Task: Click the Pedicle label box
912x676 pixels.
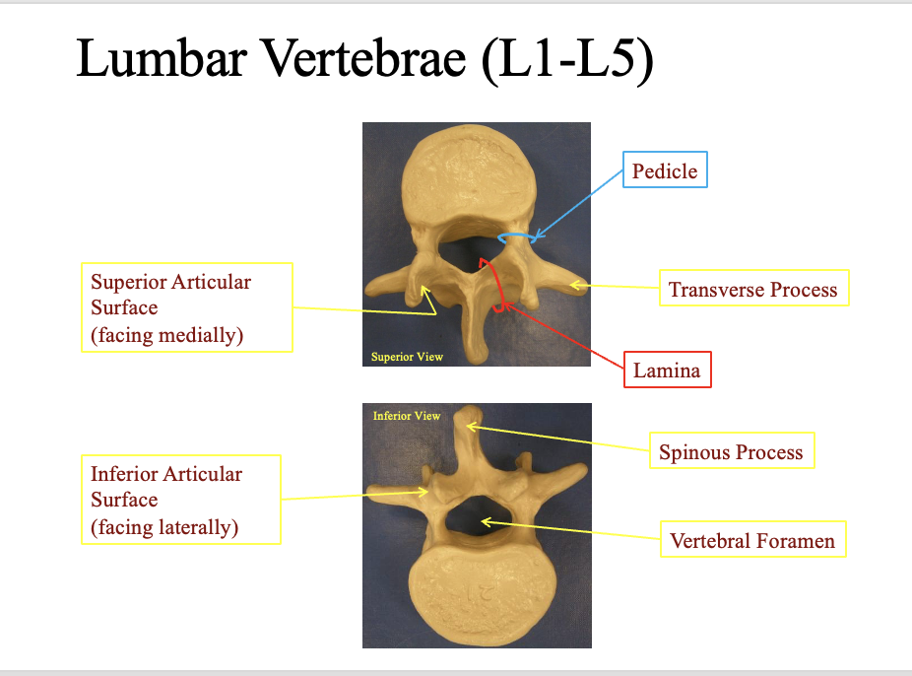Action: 664,172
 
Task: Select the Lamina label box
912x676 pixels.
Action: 666,372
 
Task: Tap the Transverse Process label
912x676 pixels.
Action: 752,290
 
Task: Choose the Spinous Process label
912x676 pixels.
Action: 731,453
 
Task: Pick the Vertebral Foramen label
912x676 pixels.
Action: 752,541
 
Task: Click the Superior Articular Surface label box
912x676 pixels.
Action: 185,307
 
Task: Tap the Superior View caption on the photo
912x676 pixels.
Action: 407,357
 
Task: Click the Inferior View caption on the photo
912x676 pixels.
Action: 407,416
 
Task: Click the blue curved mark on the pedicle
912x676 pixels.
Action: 516,237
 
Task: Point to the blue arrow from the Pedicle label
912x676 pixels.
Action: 581,202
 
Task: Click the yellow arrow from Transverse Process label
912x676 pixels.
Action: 616,287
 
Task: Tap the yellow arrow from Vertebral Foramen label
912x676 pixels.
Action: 571,528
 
